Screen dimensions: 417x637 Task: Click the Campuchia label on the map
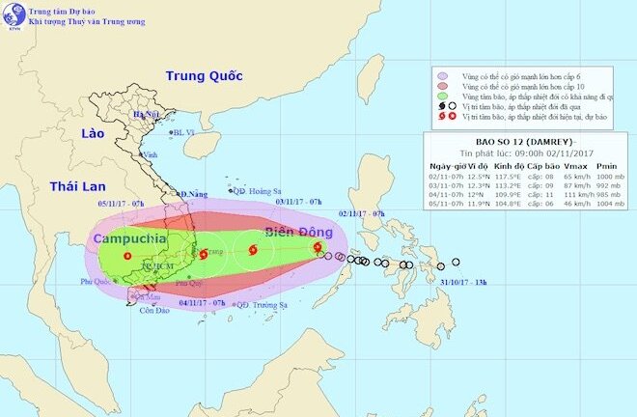128,236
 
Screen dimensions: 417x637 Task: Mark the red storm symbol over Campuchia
127,256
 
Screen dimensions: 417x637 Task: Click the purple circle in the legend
442,73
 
